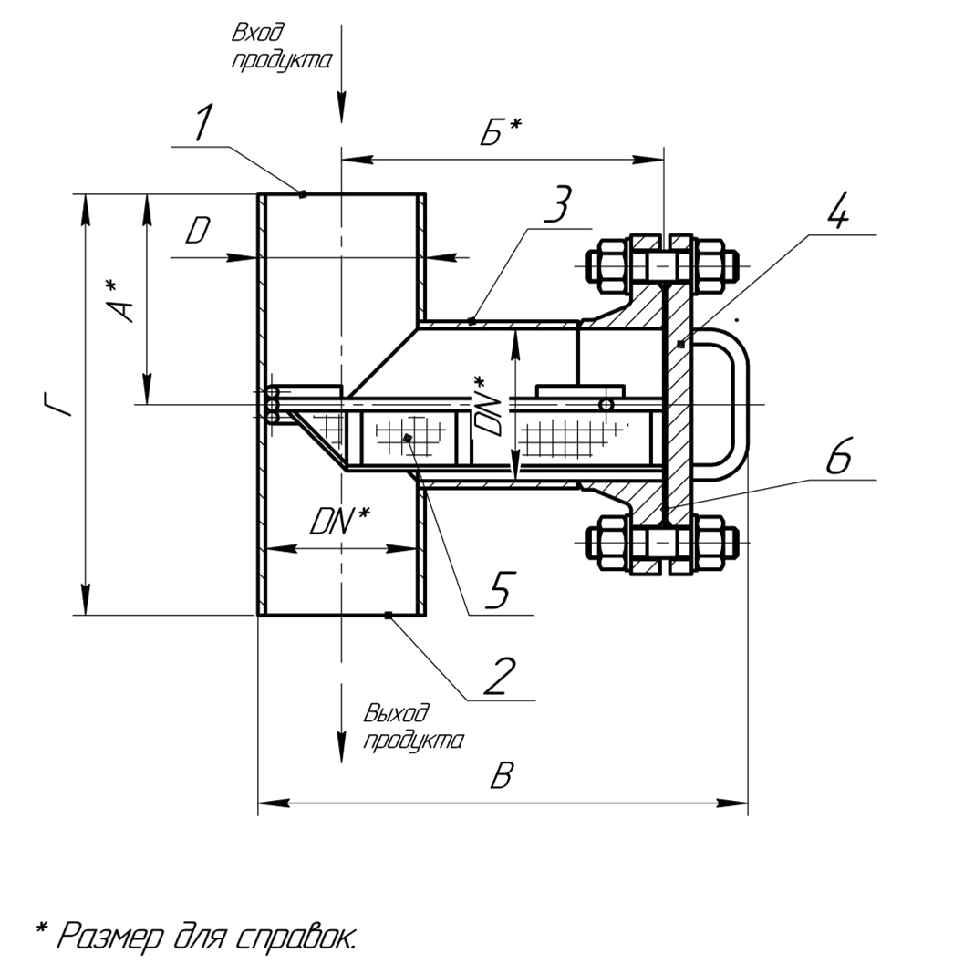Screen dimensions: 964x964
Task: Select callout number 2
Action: pos(500,676)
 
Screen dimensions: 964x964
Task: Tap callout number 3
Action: pos(555,206)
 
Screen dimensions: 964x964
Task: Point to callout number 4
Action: pos(837,212)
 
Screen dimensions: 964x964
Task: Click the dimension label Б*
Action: pos(500,133)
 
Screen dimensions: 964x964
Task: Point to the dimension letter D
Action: pos(197,232)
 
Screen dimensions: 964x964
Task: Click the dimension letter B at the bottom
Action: pos(502,776)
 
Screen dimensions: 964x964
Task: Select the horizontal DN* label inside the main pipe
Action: pos(338,522)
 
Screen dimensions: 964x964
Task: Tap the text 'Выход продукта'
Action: pos(412,727)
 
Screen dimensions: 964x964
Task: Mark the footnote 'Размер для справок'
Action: pos(196,935)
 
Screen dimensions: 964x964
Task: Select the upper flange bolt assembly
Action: pos(664,265)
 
